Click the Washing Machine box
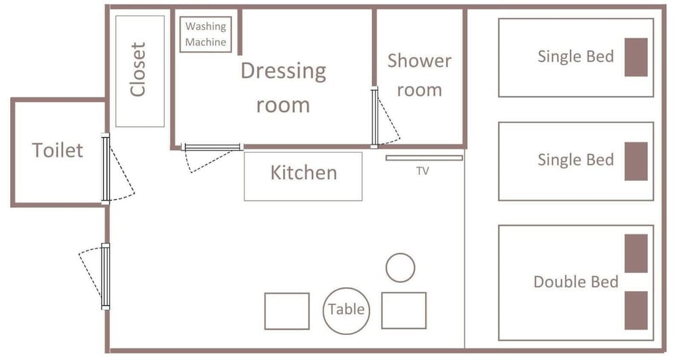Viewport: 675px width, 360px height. [206, 34]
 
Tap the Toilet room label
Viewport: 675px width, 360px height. [57, 151]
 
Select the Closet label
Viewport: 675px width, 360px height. [138, 70]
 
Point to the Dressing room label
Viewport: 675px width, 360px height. [283, 88]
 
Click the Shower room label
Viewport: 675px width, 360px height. [419, 76]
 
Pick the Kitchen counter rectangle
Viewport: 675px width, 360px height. [303, 176]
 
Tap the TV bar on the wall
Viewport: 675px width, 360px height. [424, 158]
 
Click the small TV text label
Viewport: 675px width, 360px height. [423, 172]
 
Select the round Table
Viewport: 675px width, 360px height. [346, 311]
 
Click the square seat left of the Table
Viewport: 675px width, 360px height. [287, 311]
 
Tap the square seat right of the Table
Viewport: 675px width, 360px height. [404, 311]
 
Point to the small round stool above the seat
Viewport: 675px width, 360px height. [400, 268]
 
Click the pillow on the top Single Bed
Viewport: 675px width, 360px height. [637, 57]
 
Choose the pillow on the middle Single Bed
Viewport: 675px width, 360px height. [637, 161]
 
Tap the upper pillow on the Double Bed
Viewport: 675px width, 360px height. [637, 254]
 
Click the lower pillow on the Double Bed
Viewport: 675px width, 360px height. [637, 311]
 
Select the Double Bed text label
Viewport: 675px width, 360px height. [576, 282]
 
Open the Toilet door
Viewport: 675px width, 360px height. [105, 168]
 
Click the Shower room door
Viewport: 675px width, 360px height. [375, 117]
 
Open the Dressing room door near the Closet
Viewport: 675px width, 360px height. [212, 147]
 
